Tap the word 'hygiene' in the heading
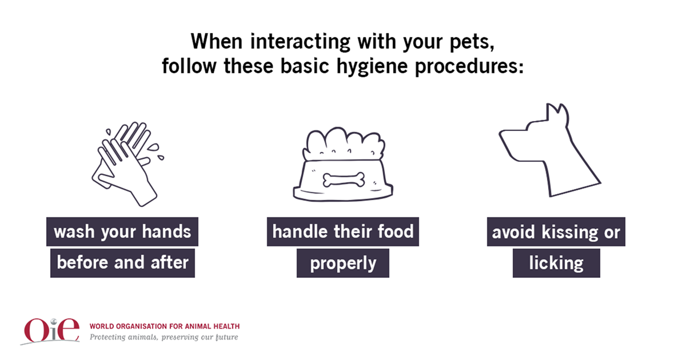pos(372,66)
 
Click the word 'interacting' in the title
pos(300,41)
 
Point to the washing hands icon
pos(127,164)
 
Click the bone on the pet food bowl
pos(344,179)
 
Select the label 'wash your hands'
pos(122,232)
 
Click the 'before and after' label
pos(122,263)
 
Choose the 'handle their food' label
pos(342,232)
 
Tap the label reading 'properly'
pos(342,263)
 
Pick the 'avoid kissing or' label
pos(556,232)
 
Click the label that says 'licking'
pos(556,263)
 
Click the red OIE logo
pos(51,331)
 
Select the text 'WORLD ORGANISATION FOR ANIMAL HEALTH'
pos(165,326)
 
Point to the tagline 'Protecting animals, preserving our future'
pos(164,337)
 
